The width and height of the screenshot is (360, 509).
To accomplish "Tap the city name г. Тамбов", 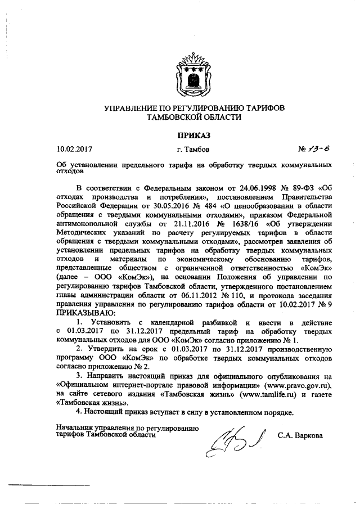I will click(x=193, y=150).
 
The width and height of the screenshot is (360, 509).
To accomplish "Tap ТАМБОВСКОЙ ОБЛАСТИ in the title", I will click(x=193, y=117).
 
